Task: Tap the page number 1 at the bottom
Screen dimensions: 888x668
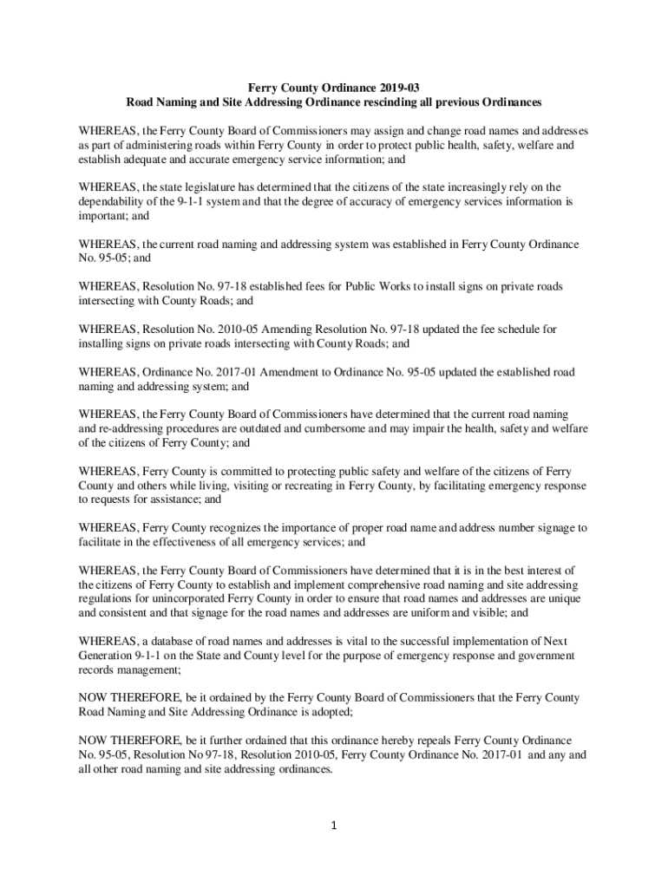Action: click(x=334, y=825)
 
